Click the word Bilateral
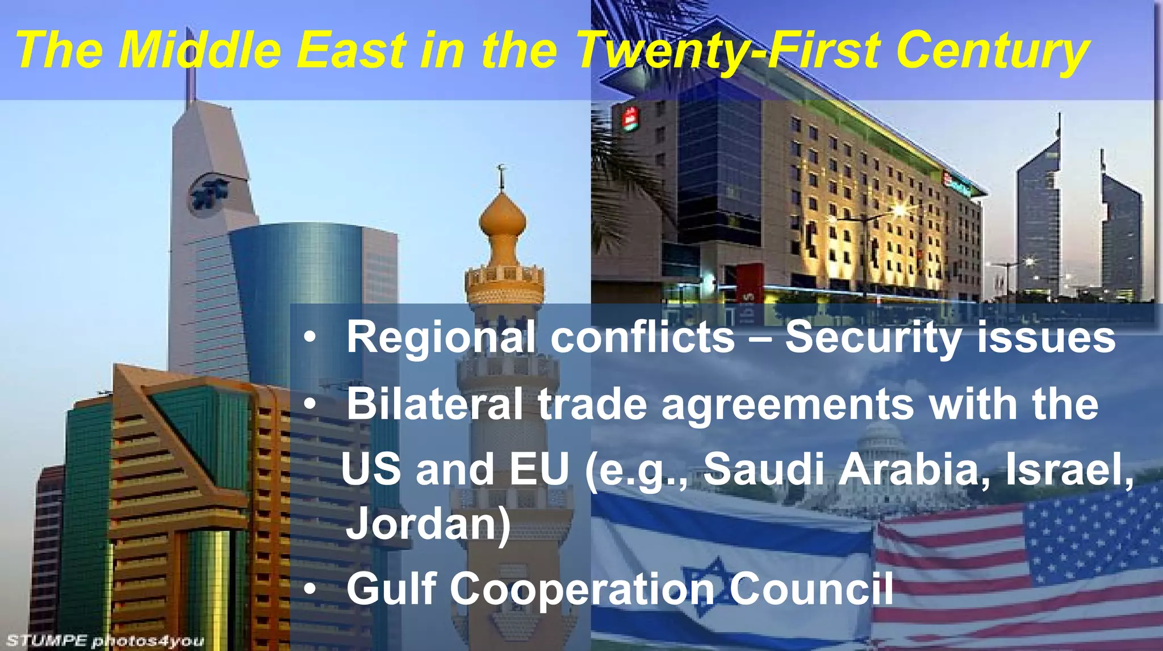click(434, 404)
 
